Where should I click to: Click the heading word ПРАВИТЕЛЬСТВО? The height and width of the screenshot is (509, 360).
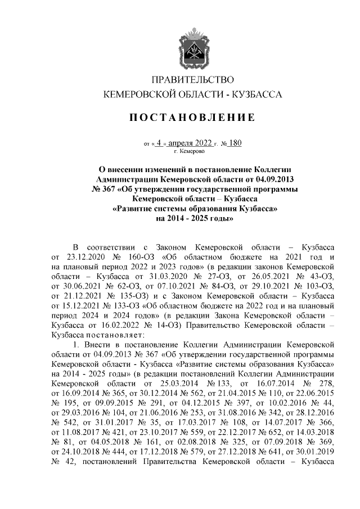point(193,80)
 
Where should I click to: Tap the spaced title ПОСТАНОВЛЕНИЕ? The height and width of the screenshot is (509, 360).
point(193,118)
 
